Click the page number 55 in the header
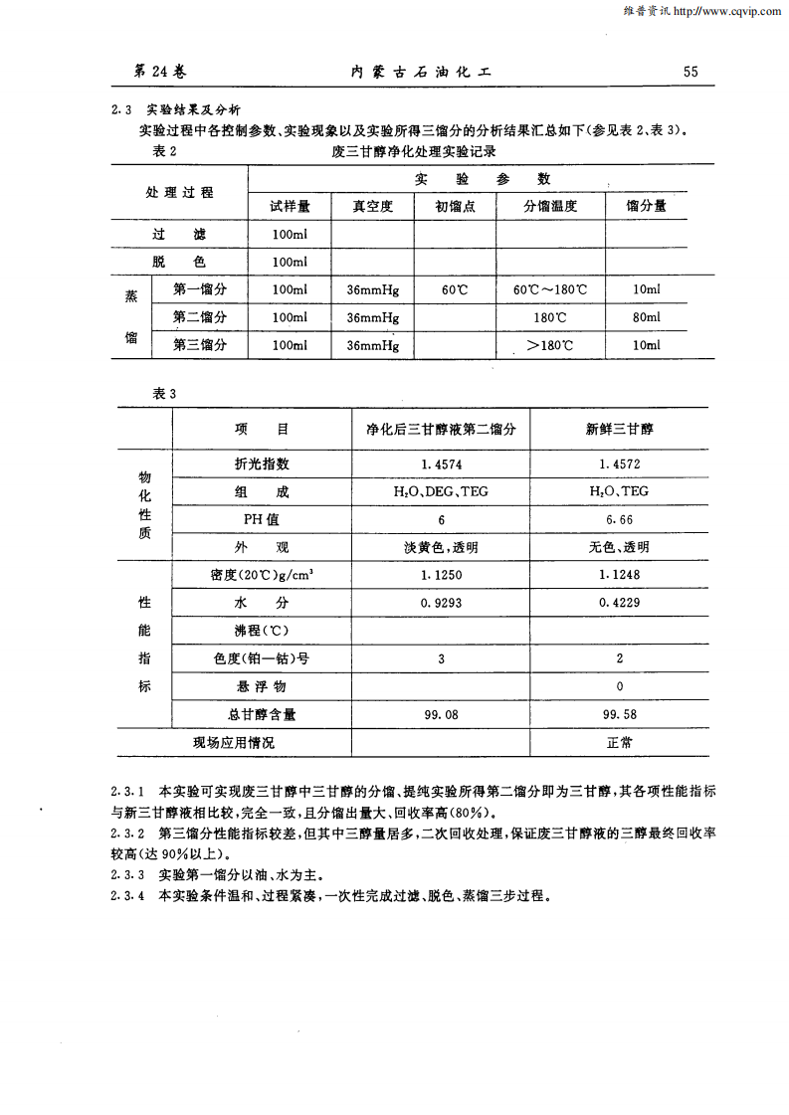[x=690, y=72]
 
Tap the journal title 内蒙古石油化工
[x=423, y=72]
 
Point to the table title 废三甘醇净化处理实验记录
[x=414, y=152]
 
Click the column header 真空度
[x=373, y=207]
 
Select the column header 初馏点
[x=455, y=207]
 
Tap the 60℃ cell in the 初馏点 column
[x=455, y=289]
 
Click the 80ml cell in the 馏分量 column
[x=646, y=317]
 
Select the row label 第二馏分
[x=200, y=317]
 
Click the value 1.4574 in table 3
[x=441, y=465]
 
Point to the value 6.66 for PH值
[x=618, y=520]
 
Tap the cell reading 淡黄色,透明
[x=441, y=548]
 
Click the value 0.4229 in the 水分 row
[x=618, y=603]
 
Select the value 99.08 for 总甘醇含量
[x=441, y=714]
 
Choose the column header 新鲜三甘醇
[x=618, y=430]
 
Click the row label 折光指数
[x=262, y=465]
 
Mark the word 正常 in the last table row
[x=620, y=742]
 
